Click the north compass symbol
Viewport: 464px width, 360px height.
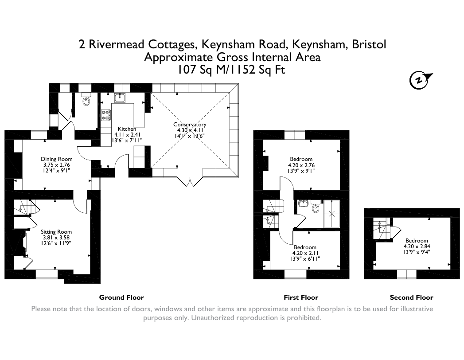(420, 80)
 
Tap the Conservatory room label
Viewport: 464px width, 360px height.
(190, 125)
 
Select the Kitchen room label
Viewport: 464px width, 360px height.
(127, 129)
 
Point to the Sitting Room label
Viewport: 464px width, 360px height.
(56, 232)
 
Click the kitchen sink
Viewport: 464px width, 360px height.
(120, 98)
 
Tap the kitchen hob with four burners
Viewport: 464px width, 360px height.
(106, 115)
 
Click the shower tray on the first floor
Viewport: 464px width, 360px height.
(331, 213)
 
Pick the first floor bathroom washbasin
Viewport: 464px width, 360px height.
(303, 203)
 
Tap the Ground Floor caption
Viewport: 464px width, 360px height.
(121, 297)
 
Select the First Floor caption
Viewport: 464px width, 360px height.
(301, 297)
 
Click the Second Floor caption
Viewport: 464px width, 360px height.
(411, 297)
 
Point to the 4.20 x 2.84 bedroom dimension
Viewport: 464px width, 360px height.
(417, 247)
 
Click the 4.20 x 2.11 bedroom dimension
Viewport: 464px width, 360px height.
(305, 253)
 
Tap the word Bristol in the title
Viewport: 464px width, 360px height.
(369, 44)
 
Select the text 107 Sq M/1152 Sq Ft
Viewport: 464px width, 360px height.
(231, 70)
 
